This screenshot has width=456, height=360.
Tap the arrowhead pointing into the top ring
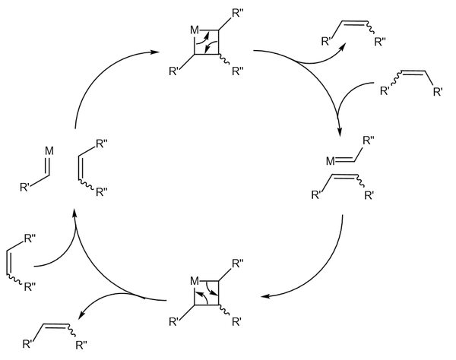tap(156, 52)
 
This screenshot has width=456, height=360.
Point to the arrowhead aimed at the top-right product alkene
tap(341, 45)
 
